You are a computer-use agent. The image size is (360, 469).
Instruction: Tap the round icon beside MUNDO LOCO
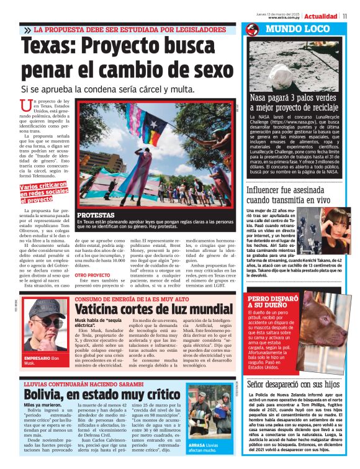click(252, 29)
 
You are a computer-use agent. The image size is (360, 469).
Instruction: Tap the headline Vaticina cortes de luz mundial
click(153, 309)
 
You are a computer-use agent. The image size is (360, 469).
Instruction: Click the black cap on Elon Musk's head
click(47, 305)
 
